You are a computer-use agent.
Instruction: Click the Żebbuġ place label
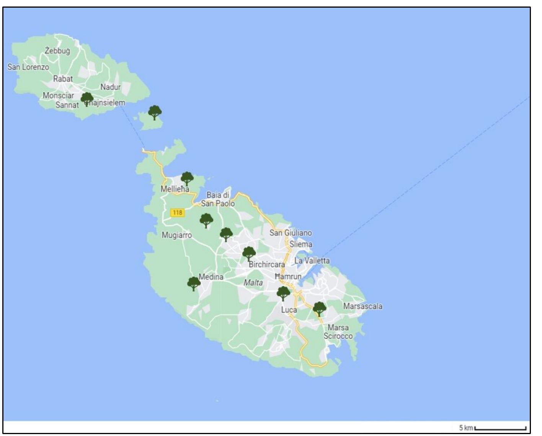(57, 51)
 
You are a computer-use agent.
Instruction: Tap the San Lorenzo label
(28, 67)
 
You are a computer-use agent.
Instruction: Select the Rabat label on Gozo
(63, 79)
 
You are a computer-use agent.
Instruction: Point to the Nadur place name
(110, 87)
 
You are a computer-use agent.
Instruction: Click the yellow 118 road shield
(177, 213)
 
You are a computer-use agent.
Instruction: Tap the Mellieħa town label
(175, 189)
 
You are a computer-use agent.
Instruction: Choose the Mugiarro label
(176, 235)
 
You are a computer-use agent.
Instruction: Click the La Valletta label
(312, 261)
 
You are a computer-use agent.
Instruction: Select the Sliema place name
(300, 244)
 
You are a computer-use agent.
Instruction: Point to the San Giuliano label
(291, 233)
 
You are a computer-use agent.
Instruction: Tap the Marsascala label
(362, 306)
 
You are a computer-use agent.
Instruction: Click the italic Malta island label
(253, 283)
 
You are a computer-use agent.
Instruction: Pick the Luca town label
(289, 310)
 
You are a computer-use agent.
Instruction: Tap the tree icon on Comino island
(155, 113)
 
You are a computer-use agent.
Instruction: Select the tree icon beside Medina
(194, 284)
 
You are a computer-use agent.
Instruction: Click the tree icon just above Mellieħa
(187, 179)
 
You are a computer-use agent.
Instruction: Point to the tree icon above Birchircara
(249, 253)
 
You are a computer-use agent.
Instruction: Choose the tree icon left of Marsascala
(319, 308)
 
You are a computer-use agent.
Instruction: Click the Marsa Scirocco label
(338, 332)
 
